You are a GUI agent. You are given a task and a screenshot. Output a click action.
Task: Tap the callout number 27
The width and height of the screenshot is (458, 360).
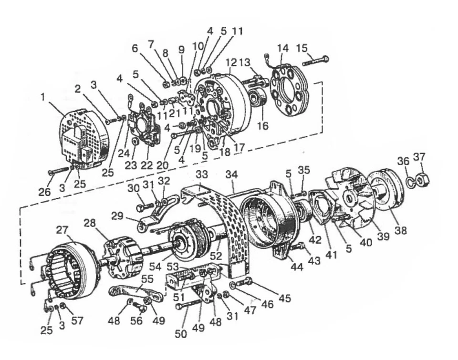(62, 230)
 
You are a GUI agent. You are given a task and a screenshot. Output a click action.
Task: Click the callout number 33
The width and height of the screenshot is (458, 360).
(202, 175)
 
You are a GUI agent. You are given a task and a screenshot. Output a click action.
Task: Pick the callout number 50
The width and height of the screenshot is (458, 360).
(180, 334)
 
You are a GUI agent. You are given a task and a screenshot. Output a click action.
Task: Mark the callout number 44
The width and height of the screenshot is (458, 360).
(297, 267)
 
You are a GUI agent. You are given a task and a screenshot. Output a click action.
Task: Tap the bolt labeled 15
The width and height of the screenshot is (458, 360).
(316, 61)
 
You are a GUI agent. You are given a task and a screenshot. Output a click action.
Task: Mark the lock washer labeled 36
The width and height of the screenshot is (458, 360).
(409, 181)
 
